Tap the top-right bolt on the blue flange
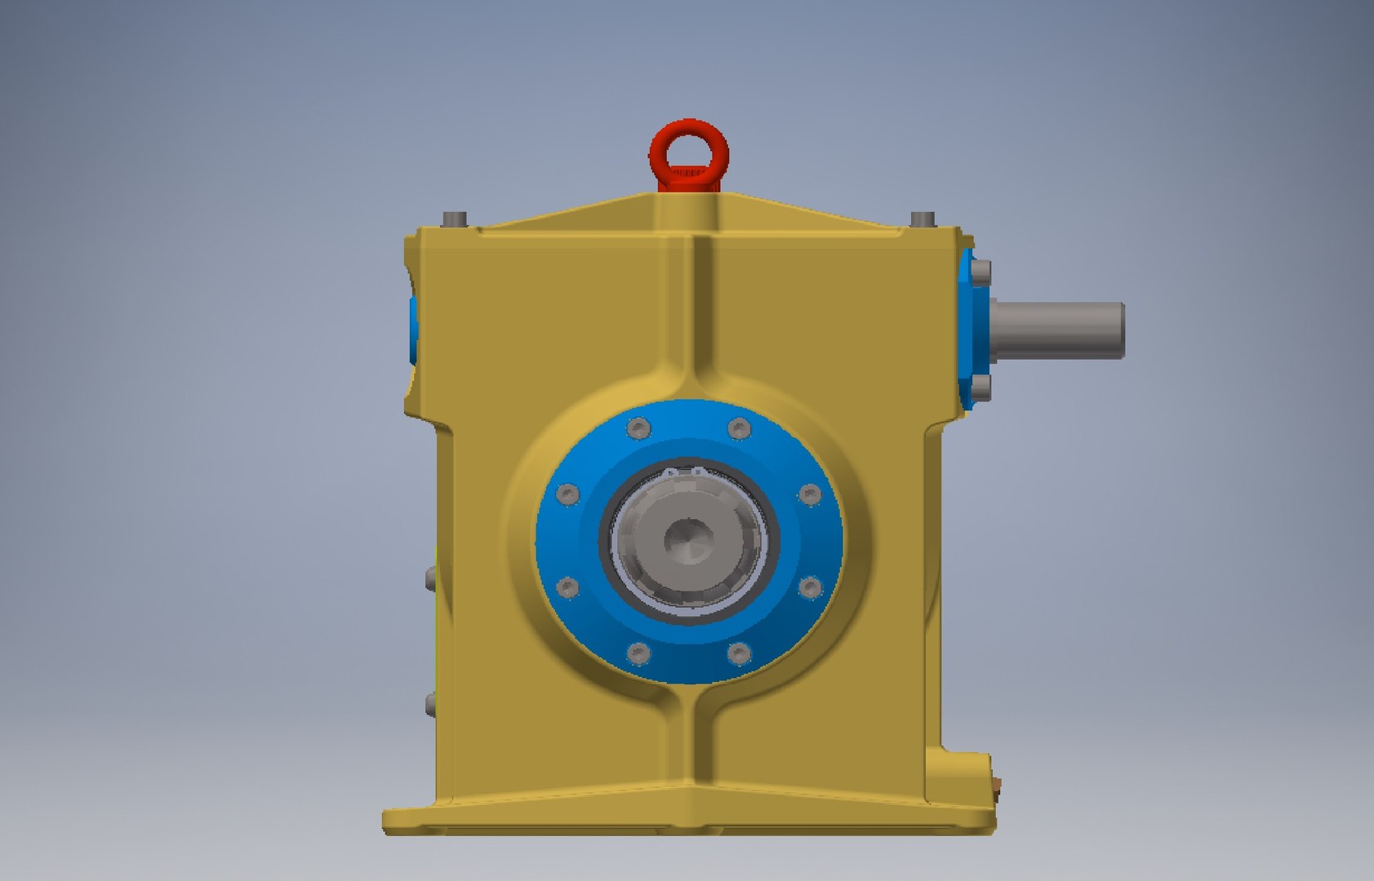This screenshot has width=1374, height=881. point(739,428)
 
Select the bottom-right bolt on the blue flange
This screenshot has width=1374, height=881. point(739,653)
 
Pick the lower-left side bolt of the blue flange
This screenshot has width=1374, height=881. point(567,587)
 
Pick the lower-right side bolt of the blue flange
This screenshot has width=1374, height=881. point(809,587)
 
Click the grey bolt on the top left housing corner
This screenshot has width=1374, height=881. point(456,219)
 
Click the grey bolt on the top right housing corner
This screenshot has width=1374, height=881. point(923,219)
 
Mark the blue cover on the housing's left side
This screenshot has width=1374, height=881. point(412,330)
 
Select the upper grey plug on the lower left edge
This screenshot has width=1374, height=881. point(429,578)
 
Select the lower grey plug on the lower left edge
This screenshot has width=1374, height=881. point(429,704)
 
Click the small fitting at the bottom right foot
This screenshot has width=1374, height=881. point(997,786)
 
